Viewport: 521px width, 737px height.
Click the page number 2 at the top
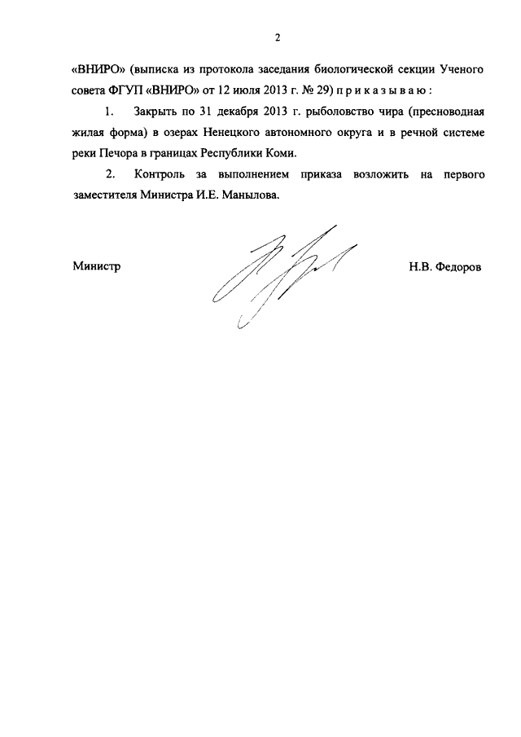pos(278,36)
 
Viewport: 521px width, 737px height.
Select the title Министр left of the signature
pos(96,265)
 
